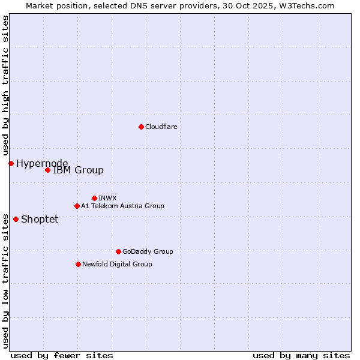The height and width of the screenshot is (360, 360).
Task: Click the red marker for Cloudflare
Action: coord(141,127)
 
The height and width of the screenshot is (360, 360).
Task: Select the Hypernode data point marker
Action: coord(11,163)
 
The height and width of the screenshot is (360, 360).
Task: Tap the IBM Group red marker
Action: coord(47,170)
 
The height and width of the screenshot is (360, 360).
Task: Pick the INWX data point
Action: coord(94,198)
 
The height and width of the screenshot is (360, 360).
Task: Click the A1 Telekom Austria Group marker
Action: coord(77,206)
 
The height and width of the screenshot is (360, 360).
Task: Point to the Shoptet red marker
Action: coord(16,219)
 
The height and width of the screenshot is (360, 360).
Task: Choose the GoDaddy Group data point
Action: coord(118,251)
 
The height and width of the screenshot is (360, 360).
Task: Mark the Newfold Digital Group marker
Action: coord(78,264)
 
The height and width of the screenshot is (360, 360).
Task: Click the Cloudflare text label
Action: coord(161,127)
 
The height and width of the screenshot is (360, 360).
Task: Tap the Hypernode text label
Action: coord(42,164)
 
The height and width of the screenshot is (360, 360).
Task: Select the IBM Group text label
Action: coord(78,170)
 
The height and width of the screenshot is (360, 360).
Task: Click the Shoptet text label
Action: coord(40,220)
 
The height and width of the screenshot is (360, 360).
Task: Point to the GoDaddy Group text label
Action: coord(148,252)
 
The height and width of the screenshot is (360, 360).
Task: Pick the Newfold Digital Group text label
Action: coord(117,265)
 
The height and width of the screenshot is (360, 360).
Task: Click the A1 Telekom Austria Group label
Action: coord(122,206)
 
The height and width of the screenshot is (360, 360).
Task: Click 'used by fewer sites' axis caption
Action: coord(62,356)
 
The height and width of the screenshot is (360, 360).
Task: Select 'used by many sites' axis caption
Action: coord(301,356)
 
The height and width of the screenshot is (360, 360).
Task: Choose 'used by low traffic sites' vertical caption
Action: coord(6,280)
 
